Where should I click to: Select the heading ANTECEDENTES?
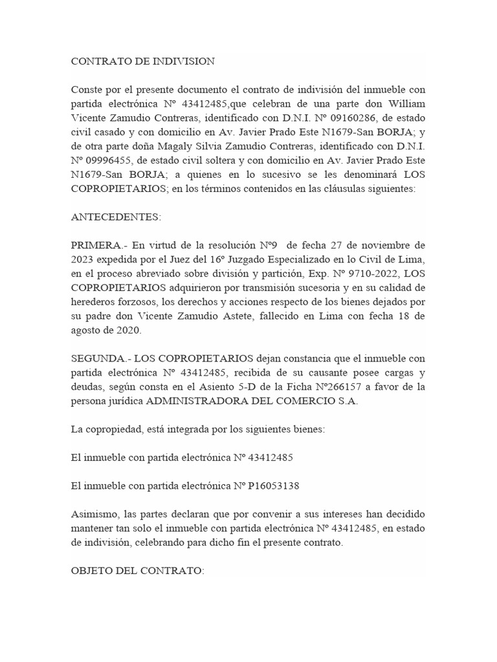pos(115,217)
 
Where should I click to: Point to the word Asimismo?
pos(94,514)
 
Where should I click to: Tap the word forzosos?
pos(140,301)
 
